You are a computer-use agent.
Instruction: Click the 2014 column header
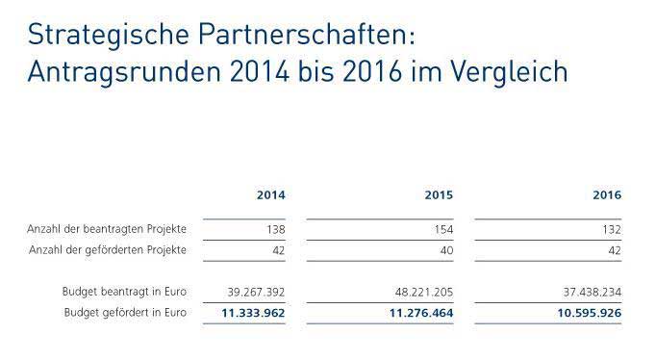point(270,194)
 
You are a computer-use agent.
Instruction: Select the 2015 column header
point(439,194)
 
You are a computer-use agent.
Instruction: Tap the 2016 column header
point(607,194)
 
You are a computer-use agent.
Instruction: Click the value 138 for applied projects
point(274,230)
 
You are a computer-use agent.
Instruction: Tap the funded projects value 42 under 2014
point(278,251)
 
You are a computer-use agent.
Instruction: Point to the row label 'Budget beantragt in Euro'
point(124,292)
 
